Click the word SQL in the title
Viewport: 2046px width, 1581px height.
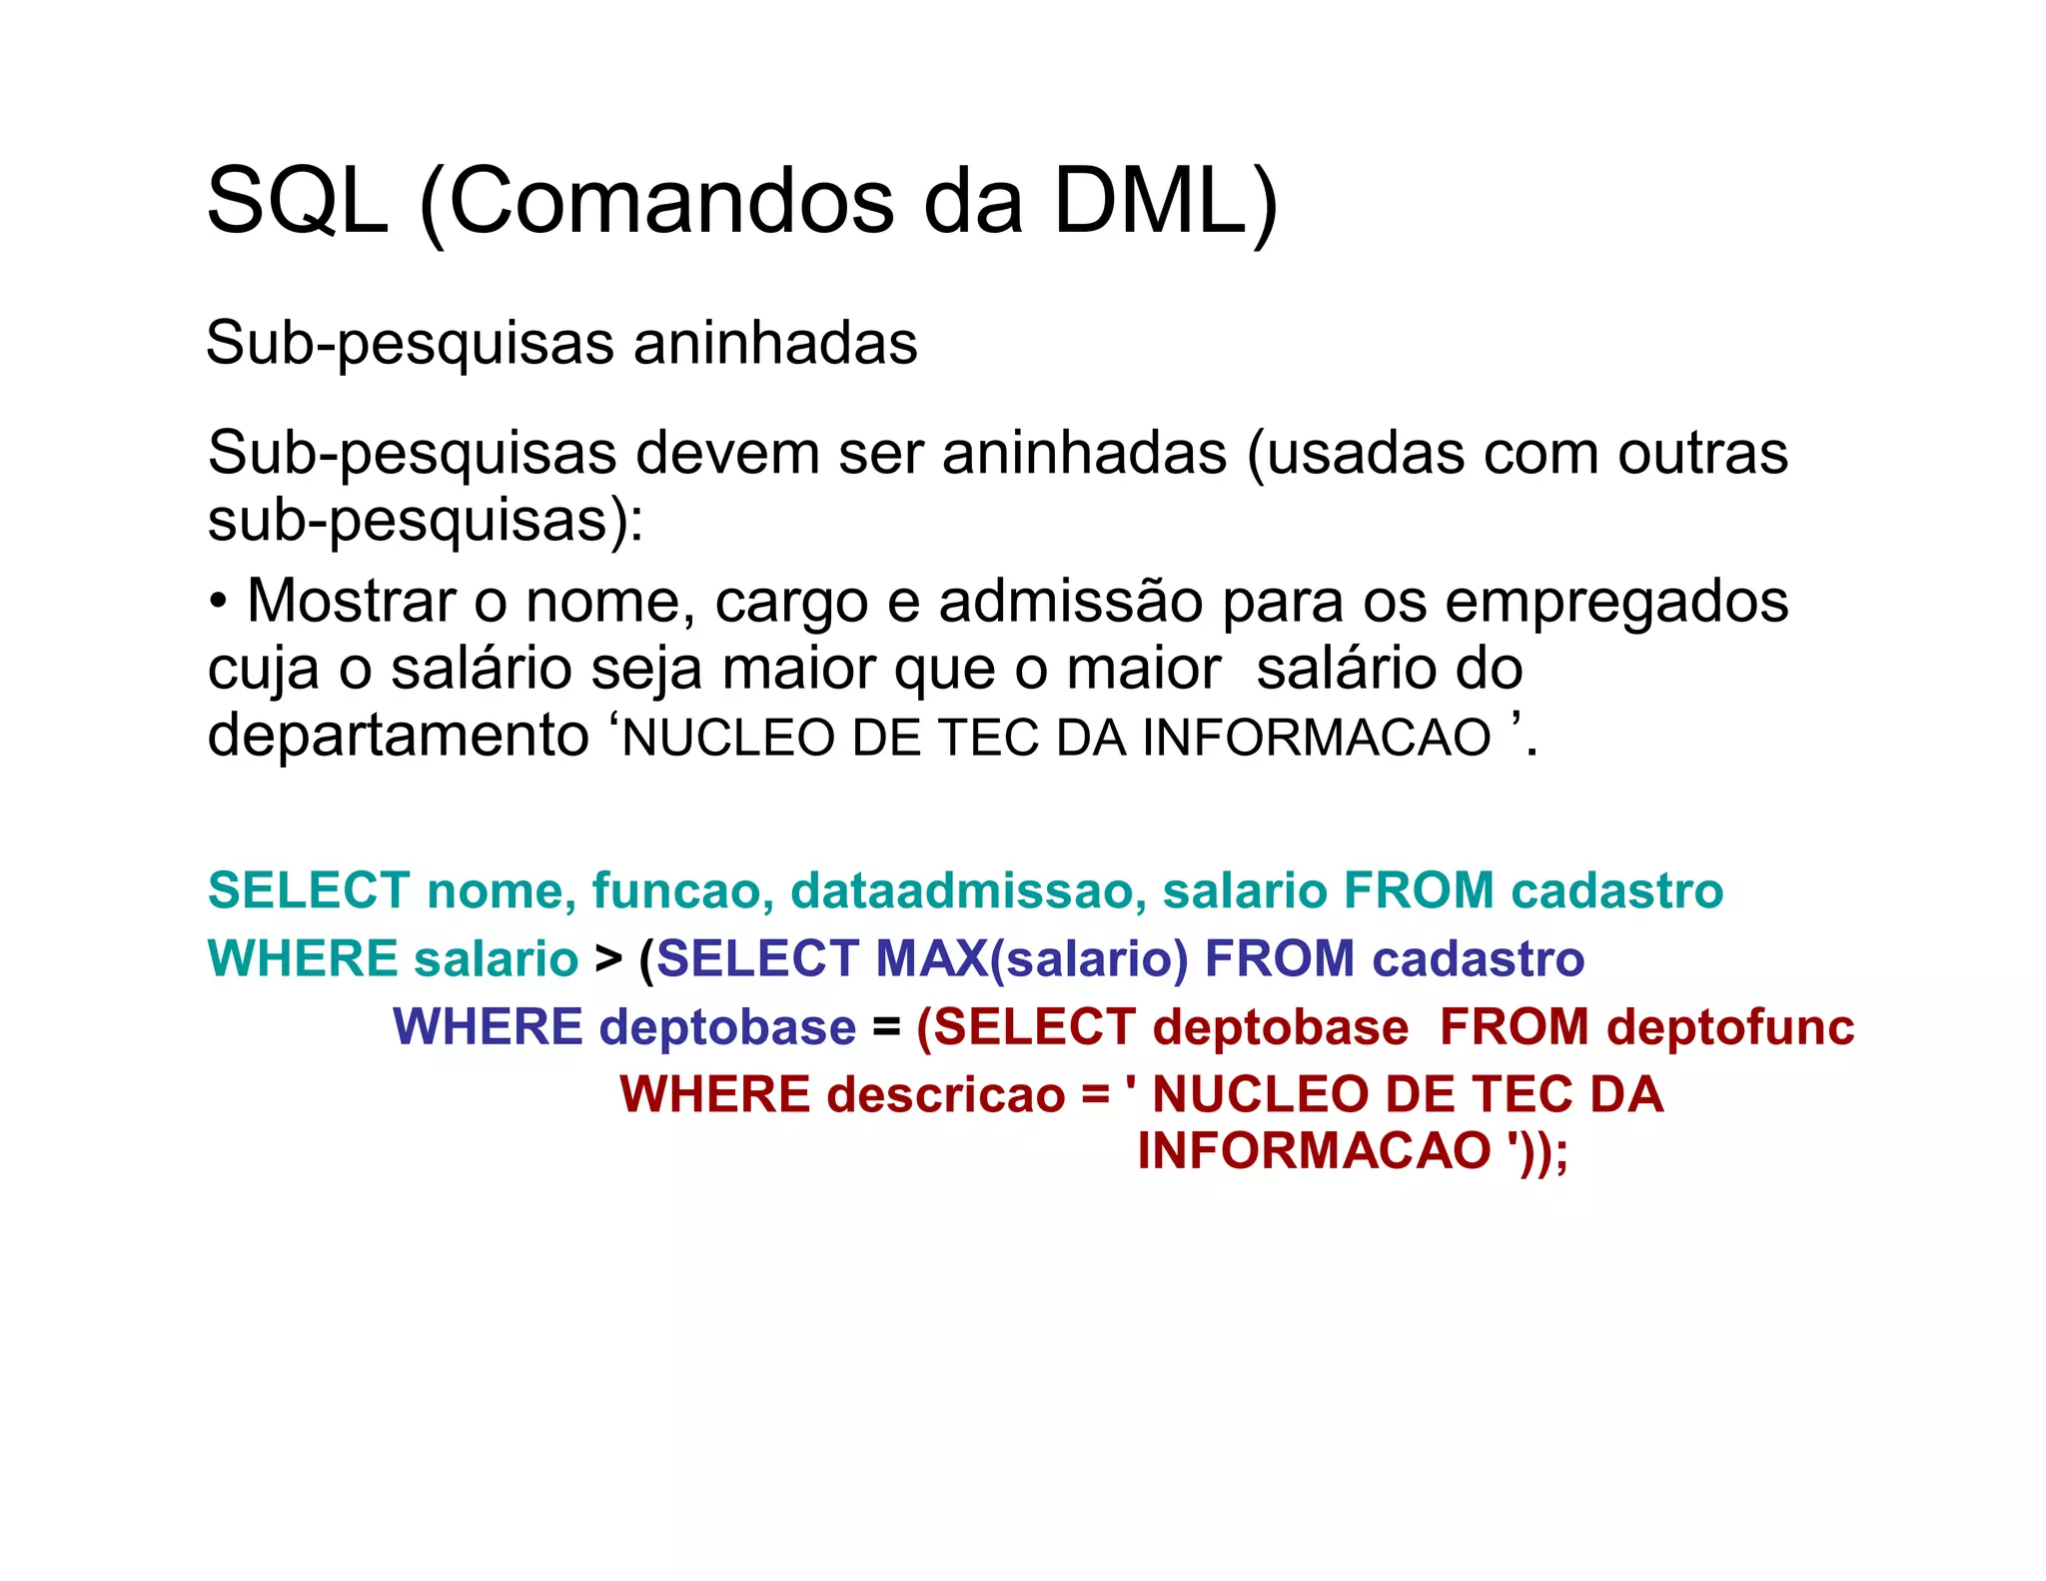pyautogui.click(x=297, y=203)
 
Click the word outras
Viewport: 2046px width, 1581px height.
pyautogui.click(x=1702, y=454)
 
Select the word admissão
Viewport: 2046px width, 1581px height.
pyautogui.click(x=1070, y=602)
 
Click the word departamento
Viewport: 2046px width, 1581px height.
pyautogui.click(x=398, y=737)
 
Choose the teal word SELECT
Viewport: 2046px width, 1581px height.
pyautogui.click(x=309, y=890)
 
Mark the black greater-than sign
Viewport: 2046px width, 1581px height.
pyautogui.click(x=607, y=959)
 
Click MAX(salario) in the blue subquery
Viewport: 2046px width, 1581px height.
pyautogui.click(x=1032, y=959)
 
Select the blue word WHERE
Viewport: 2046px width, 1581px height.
pyautogui.click(x=488, y=1027)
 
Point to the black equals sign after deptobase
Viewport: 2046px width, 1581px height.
pyautogui.click(x=886, y=1027)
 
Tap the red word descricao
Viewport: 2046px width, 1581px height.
pyautogui.click(x=945, y=1094)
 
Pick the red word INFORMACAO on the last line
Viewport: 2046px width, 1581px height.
pyautogui.click(x=1314, y=1150)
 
